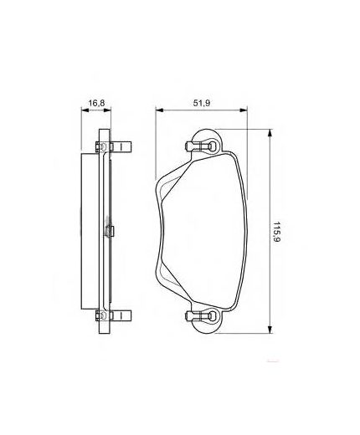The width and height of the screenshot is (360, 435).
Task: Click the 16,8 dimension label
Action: pos(98,104)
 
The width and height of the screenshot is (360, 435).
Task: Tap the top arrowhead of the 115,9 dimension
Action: pos(269,132)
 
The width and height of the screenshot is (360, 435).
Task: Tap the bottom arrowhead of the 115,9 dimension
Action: pos(269,330)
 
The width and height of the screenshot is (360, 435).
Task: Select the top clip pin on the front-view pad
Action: pos(198,148)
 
